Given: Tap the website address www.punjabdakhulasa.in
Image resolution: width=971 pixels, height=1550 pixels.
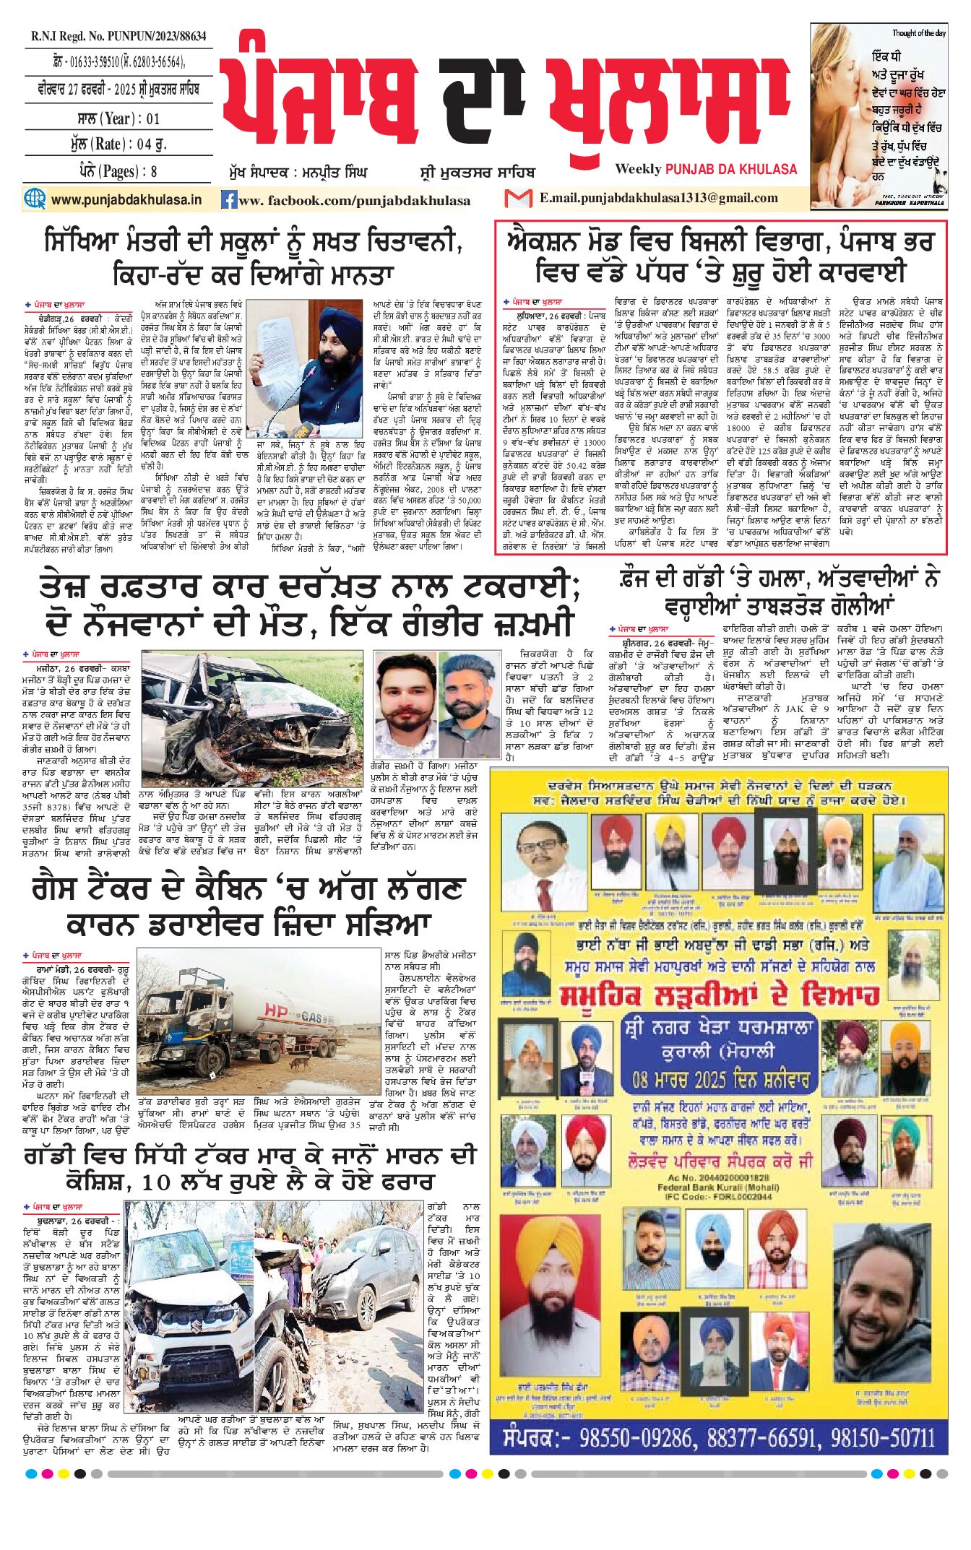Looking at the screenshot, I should [x=126, y=200].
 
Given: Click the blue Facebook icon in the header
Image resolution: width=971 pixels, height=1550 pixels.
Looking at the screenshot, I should [x=229, y=200].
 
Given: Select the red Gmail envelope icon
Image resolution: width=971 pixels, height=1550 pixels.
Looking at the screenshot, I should [x=518, y=198].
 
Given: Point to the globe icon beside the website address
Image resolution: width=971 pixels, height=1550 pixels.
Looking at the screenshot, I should [x=35, y=199].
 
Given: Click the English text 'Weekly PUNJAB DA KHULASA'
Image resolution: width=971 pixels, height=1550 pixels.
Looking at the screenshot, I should [x=706, y=169].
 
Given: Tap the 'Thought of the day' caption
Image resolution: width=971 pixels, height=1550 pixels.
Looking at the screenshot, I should [x=918, y=33].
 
